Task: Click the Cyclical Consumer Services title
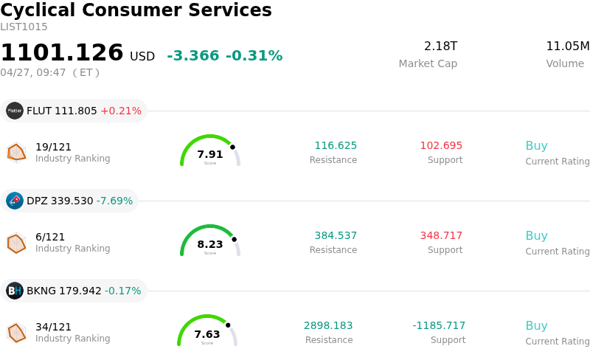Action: tap(136, 10)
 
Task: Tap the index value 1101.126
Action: tap(62, 53)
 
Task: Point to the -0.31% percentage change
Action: tap(254, 56)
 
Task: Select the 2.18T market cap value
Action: tap(440, 46)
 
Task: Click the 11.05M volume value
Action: tap(567, 46)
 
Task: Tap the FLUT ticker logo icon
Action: tap(15, 111)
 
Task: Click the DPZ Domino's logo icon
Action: tap(15, 201)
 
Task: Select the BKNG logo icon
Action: tap(15, 291)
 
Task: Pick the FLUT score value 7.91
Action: tap(210, 154)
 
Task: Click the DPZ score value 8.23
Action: tap(210, 244)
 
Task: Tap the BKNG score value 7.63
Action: tap(207, 334)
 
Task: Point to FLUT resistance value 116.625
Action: tap(336, 145)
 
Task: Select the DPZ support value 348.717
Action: tap(441, 235)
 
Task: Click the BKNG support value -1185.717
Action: tap(439, 325)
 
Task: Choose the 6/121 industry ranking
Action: tap(50, 237)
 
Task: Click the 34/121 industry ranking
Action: tap(53, 327)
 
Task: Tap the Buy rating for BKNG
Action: tap(536, 325)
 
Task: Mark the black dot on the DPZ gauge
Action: tap(234, 239)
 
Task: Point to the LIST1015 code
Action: tap(24, 27)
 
